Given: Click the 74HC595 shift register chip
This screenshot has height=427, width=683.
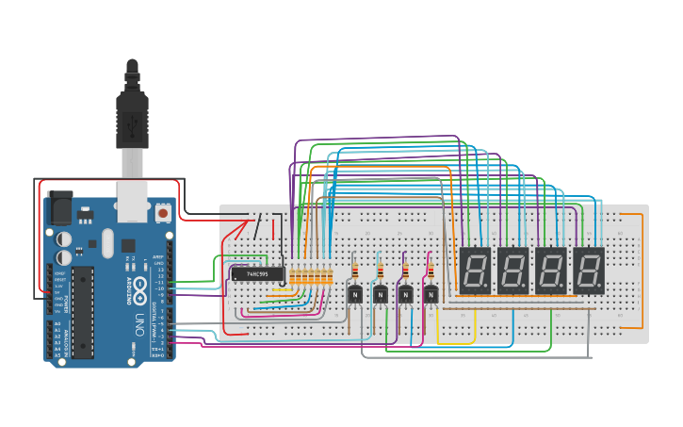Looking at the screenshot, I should pyautogui.click(x=253, y=274).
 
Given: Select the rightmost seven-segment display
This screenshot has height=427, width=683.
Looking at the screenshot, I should pyautogui.click(x=589, y=271).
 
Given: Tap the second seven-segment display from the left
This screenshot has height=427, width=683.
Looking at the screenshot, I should pyautogui.click(x=512, y=271).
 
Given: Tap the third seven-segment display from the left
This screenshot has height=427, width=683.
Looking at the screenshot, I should pyautogui.click(x=551, y=271).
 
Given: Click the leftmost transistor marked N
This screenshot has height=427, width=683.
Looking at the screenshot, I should pyautogui.click(x=355, y=295).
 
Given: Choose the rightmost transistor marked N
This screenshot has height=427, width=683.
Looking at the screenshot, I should pyautogui.click(x=431, y=295).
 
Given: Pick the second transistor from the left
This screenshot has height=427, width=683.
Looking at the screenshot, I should pyautogui.click(x=381, y=295).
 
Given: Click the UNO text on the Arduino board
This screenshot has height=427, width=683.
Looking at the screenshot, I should pyautogui.click(x=139, y=320).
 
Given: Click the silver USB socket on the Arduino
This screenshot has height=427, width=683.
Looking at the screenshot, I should pyautogui.click(x=130, y=199).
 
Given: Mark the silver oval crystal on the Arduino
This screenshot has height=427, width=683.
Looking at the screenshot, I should pyautogui.click(x=107, y=242).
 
